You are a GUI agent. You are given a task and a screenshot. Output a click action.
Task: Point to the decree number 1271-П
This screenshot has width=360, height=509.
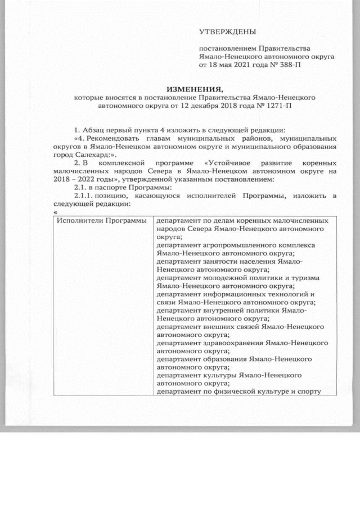285,105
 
